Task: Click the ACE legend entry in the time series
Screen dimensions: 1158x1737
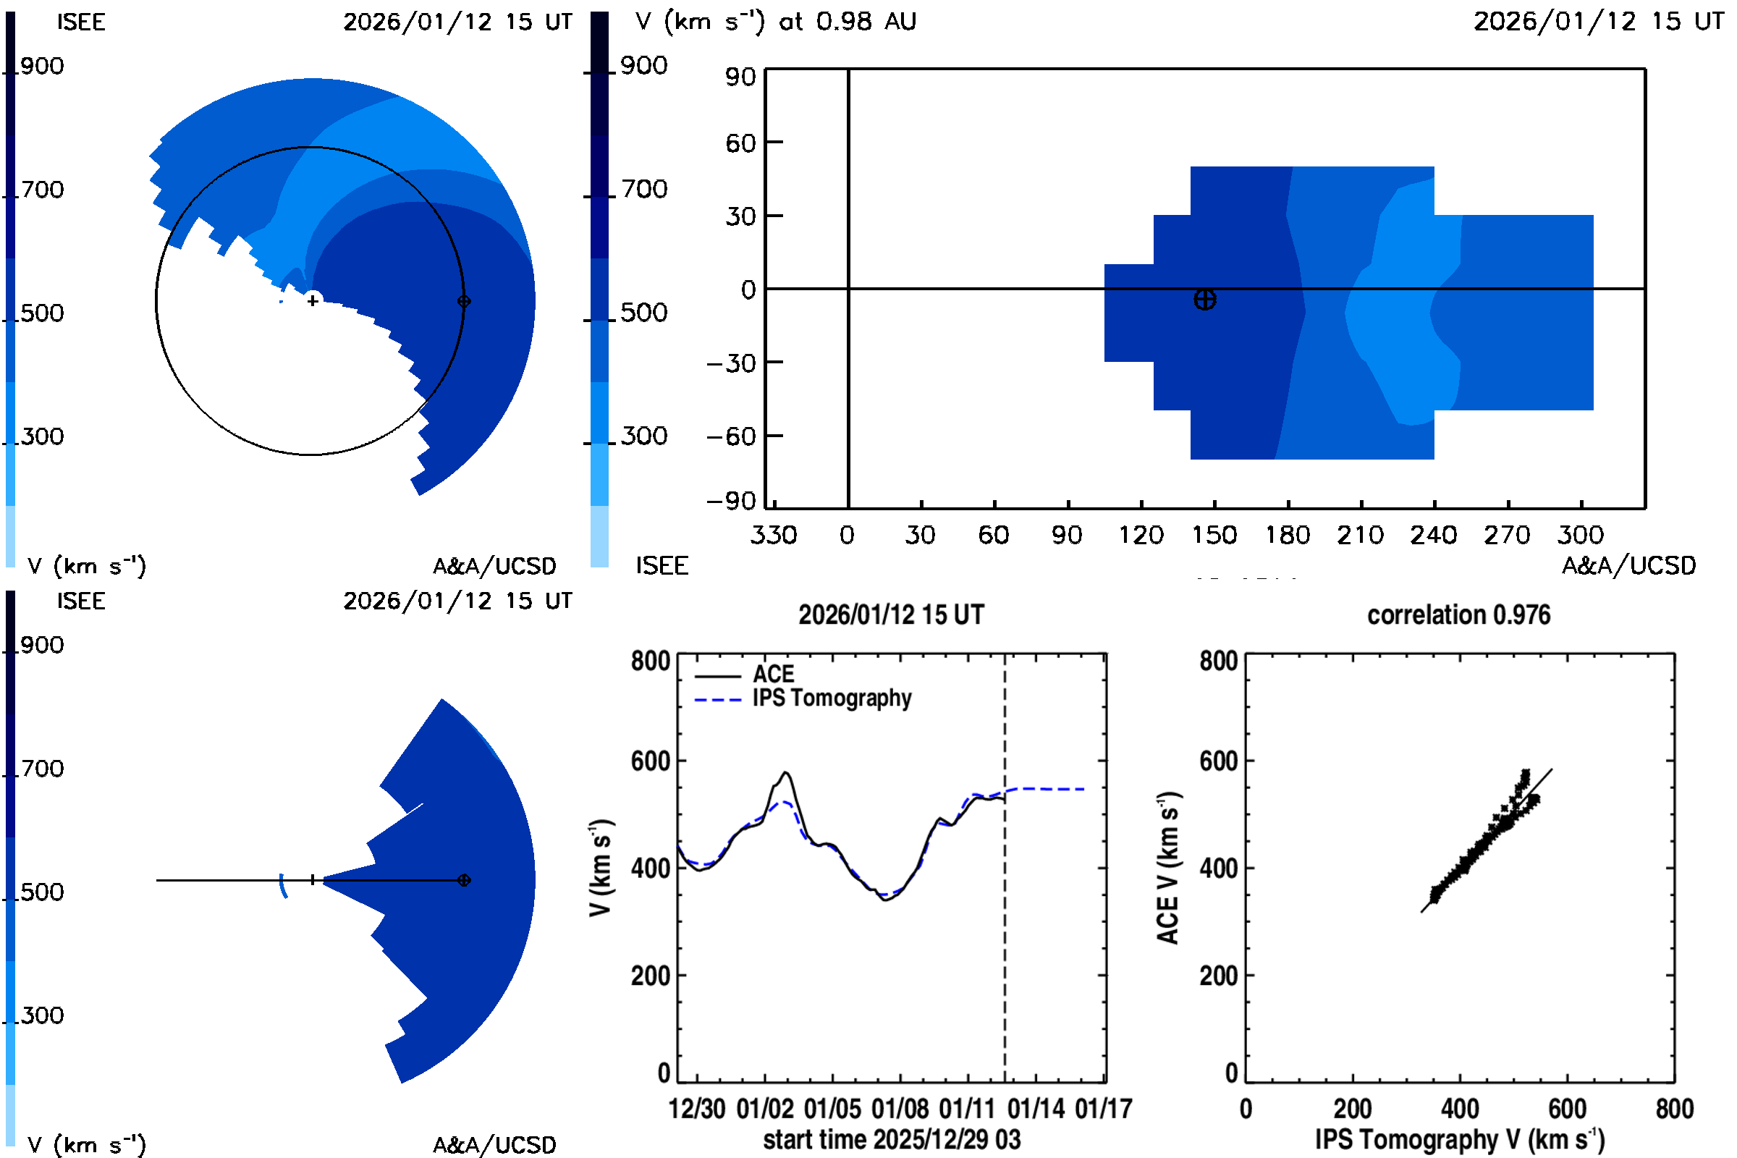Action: point(773,675)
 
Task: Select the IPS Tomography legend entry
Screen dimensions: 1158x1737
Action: point(832,698)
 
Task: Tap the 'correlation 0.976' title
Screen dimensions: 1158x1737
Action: point(1458,615)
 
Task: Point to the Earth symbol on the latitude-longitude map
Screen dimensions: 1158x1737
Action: point(1204,300)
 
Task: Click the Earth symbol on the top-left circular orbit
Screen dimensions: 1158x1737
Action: point(464,301)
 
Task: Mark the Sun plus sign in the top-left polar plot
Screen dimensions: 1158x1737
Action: point(313,300)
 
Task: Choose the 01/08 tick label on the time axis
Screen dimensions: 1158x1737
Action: point(900,1109)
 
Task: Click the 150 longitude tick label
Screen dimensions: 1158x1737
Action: point(1214,535)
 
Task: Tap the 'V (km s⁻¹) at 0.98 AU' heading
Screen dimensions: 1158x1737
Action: point(775,22)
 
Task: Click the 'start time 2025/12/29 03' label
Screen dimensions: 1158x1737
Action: point(892,1139)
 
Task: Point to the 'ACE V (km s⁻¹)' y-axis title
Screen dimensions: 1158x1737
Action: point(1167,868)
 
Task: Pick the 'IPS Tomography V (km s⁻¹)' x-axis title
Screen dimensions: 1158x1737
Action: point(1459,1139)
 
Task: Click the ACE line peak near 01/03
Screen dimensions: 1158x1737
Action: point(786,773)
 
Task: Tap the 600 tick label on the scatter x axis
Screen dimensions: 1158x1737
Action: point(1566,1109)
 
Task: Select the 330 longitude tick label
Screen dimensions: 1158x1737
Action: point(773,535)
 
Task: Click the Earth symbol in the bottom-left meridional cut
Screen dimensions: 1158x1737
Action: point(464,880)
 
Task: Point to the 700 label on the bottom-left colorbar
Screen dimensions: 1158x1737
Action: point(41,769)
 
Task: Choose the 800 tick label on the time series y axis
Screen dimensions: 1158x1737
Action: point(650,660)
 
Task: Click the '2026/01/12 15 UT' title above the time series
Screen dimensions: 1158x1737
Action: point(891,615)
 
